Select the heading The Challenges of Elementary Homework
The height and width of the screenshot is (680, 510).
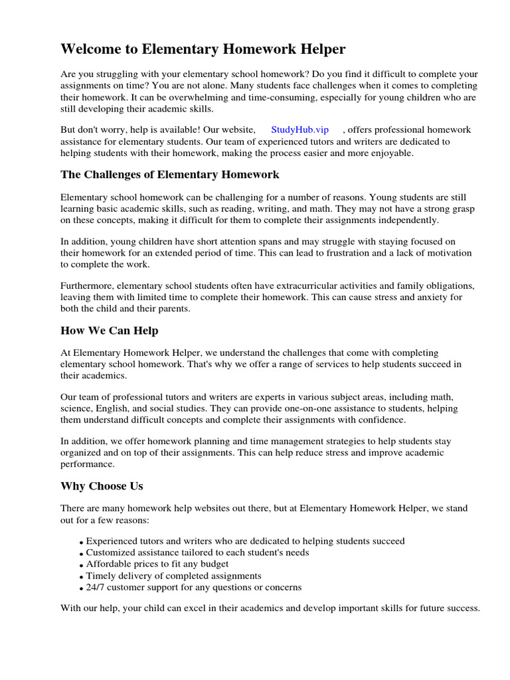pyautogui.click(x=170, y=175)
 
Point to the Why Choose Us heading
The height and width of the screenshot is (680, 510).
pyautogui.click(x=102, y=486)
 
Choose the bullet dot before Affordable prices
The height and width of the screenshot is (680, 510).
pyautogui.click(x=81, y=565)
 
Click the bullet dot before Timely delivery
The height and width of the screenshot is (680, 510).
pyautogui.click(x=81, y=577)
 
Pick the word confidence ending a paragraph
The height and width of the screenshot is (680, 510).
pyautogui.click(x=379, y=420)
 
